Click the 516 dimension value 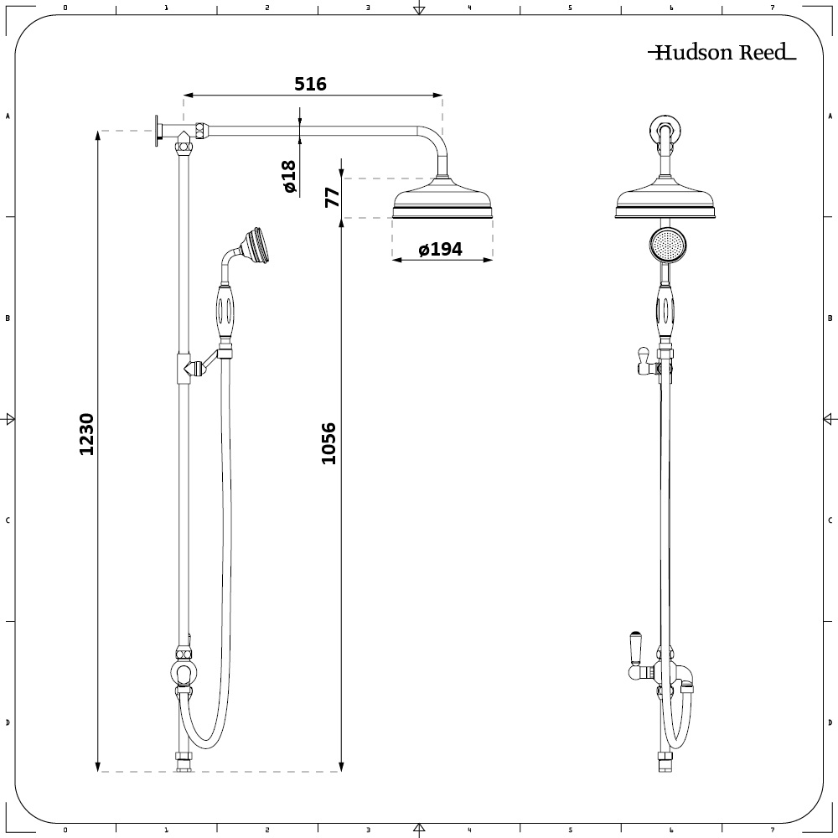point(310,84)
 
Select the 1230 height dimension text point(86,434)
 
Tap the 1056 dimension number point(328,443)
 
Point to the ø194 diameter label point(441,249)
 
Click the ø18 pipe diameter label point(288,176)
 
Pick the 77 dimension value point(333,197)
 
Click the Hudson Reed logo point(722,52)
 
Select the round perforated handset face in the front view point(668,246)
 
